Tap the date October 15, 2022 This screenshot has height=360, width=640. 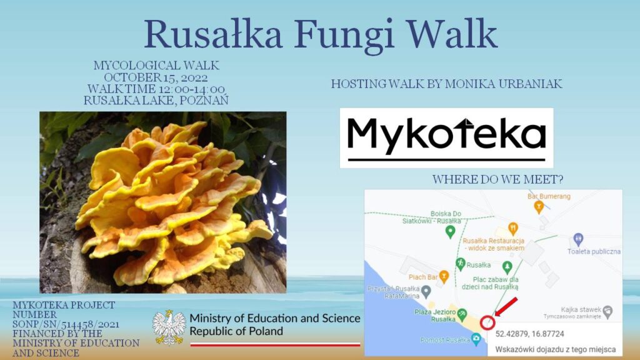[x=156, y=77]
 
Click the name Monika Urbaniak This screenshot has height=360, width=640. [x=504, y=84]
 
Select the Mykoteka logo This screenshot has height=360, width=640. [x=446, y=138]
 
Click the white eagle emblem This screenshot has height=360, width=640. [x=169, y=327]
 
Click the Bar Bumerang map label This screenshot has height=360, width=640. [x=549, y=196]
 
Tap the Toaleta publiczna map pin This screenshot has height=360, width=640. [x=578, y=239]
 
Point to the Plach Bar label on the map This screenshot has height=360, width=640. [x=423, y=277]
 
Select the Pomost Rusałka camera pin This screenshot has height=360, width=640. [x=476, y=339]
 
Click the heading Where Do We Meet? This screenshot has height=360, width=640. [x=498, y=179]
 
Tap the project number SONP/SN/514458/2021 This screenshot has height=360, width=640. [x=66, y=324]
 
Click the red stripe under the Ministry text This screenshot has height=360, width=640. [x=275, y=344]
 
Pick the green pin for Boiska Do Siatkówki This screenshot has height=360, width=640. [x=450, y=232]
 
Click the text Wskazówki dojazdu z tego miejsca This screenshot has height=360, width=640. [x=556, y=349]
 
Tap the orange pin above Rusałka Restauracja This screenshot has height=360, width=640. [x=513, y=229]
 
